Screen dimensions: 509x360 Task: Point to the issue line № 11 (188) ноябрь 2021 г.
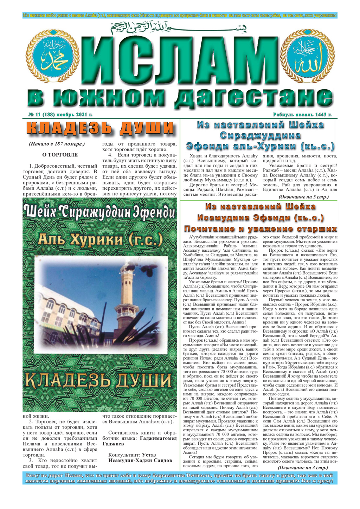coord(60,115)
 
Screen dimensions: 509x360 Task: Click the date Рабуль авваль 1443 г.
coord(302,115)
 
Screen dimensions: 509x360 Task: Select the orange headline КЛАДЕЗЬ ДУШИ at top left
coord(100,128)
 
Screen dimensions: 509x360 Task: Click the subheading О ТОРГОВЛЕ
coord(60,155)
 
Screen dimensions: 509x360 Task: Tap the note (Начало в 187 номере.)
coord(57,144)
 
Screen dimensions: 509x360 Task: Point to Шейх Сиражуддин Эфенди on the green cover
coord(100,212)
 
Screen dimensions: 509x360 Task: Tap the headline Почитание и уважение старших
coord(261,229)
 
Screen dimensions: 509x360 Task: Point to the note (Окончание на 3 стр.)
coord(303,468)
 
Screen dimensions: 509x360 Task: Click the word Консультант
coord(123,455)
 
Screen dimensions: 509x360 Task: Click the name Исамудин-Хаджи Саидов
coord(140,460)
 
